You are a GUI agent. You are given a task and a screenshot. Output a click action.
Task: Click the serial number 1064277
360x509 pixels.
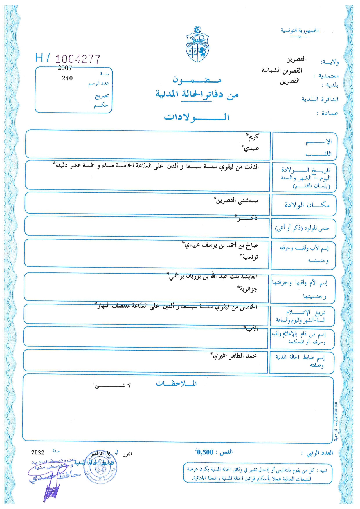(78, 59)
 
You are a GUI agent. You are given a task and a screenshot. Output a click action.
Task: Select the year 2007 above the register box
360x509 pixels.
(64, 68)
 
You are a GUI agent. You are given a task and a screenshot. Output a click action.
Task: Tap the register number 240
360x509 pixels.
(67, 78)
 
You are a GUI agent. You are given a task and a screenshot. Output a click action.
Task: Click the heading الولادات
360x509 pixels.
(197, 117)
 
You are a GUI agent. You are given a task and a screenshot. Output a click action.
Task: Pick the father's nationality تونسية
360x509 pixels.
(249, 257)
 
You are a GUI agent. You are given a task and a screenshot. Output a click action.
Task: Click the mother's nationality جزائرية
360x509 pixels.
(247, 289)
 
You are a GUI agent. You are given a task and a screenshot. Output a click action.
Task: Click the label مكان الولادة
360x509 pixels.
(307, 205)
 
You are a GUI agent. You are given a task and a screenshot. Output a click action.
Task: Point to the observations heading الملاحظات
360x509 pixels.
(176, 384)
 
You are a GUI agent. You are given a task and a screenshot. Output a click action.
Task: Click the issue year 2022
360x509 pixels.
(38, 452)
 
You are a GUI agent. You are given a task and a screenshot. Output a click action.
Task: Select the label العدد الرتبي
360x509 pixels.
(320, 453)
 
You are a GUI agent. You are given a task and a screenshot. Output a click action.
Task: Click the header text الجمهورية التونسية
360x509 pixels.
(300, 30)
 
